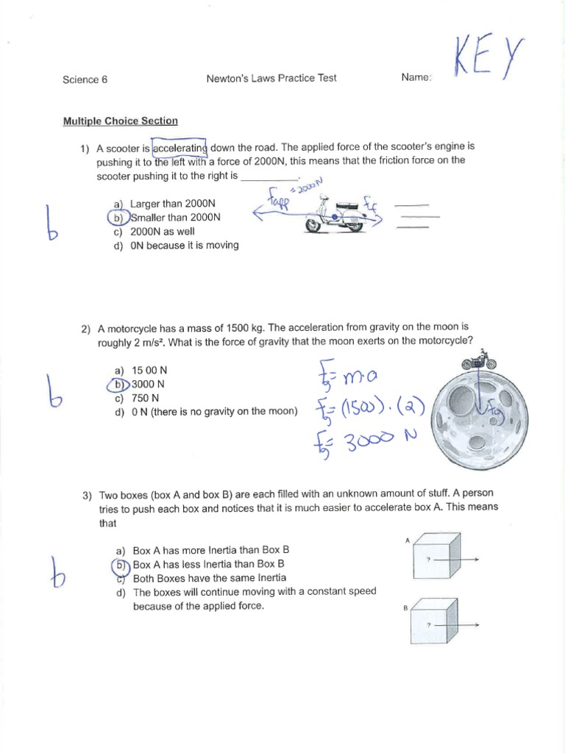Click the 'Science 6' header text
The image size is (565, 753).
(x=85, y=79)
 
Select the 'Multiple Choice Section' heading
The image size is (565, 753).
(x=120, y=121)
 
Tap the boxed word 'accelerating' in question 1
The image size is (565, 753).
(x=180, y=147)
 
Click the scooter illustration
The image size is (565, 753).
(x=335, y=215)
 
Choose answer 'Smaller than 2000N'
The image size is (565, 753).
(x=174, y=218)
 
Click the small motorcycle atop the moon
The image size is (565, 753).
(x=478, y=362)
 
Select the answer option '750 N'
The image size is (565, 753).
(x=145, y=398)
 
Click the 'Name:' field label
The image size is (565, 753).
(x=417, y=78)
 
